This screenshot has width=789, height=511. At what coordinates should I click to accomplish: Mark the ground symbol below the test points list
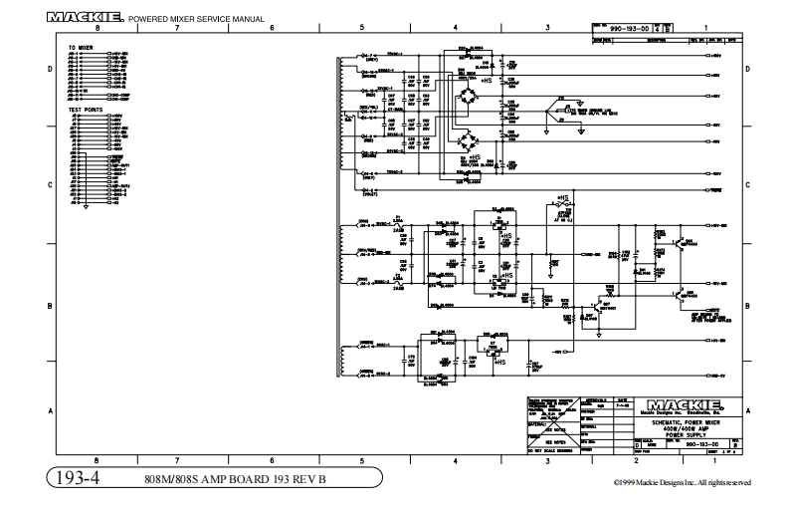tap(86, 207)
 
